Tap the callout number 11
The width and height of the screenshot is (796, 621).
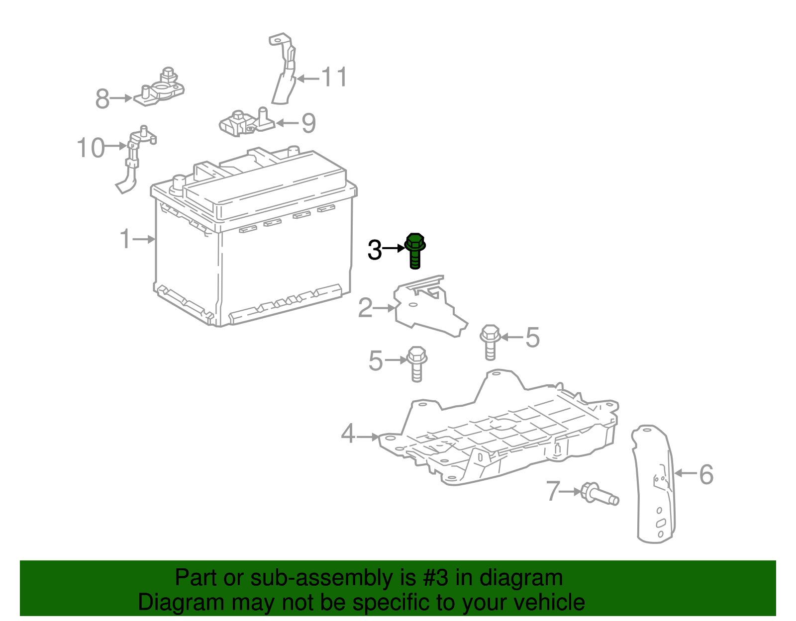[x=334, y=78]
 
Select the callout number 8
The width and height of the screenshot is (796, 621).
[x=102, y=98]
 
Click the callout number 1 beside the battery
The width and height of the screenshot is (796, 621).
[x=125, y=239]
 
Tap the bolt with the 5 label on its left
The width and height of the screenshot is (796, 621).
[x=417, y=363]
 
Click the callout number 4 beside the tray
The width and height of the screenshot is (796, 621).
[x=348, y=434]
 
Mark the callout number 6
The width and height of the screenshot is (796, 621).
[x=706, y=474]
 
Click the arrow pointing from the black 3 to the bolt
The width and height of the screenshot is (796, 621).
[x=395, y=248]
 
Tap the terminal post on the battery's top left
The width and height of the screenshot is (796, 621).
[x=178, y=184]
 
